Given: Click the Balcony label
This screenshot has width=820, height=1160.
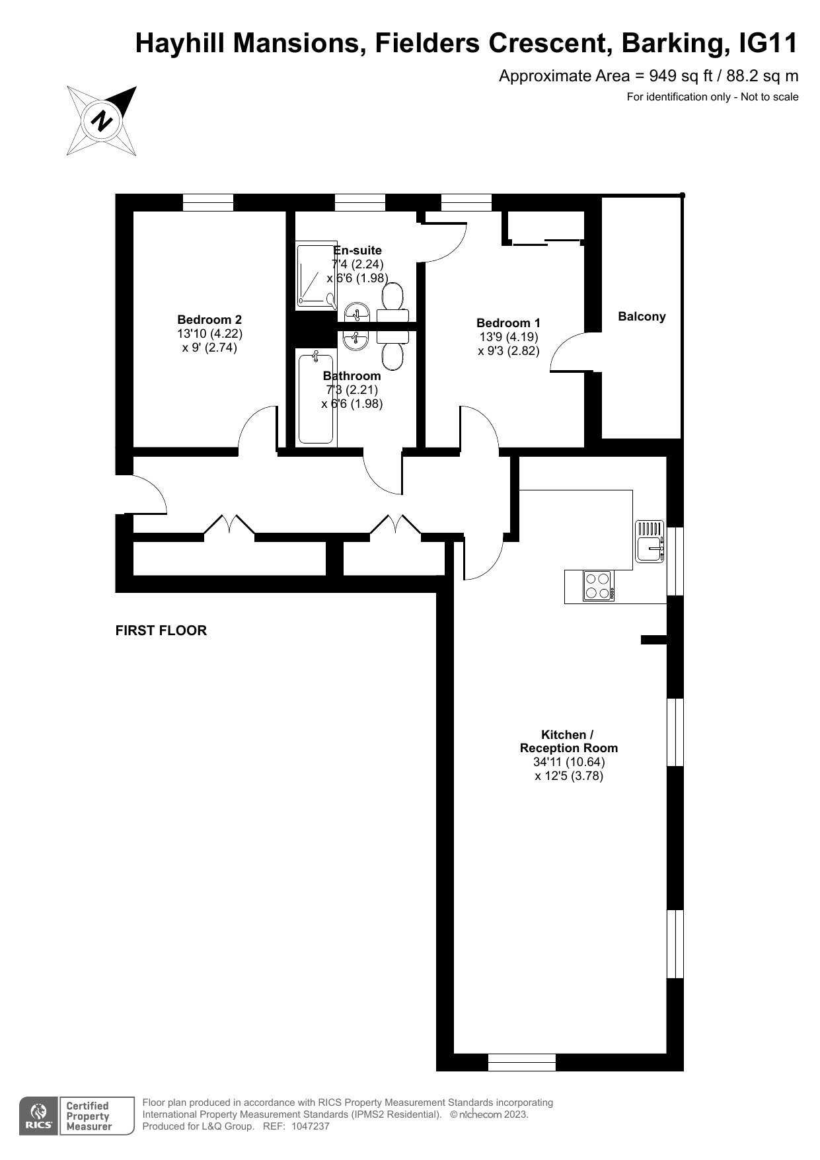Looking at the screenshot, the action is point(642,317).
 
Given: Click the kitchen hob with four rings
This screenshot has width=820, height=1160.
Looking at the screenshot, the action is point(599,585).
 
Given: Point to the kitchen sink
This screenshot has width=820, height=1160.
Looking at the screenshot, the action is point(650,541).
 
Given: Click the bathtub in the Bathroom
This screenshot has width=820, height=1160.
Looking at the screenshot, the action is point(316,397).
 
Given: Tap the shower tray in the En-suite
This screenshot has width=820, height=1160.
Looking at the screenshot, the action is point(317,275).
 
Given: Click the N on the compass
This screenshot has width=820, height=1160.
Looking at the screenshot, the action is point(101,121).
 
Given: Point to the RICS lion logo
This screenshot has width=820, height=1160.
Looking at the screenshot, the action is point(39,1116).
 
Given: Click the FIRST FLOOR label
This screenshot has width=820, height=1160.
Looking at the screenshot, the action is point(161,631).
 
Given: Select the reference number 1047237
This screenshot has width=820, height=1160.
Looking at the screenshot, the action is point(310,1126).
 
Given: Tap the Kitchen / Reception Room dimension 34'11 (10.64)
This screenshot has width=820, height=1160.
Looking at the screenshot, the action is point(569,761).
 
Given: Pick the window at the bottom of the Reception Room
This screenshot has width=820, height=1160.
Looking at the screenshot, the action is point(522,1062).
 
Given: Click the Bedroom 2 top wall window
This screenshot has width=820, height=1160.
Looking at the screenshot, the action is point(208,202).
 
